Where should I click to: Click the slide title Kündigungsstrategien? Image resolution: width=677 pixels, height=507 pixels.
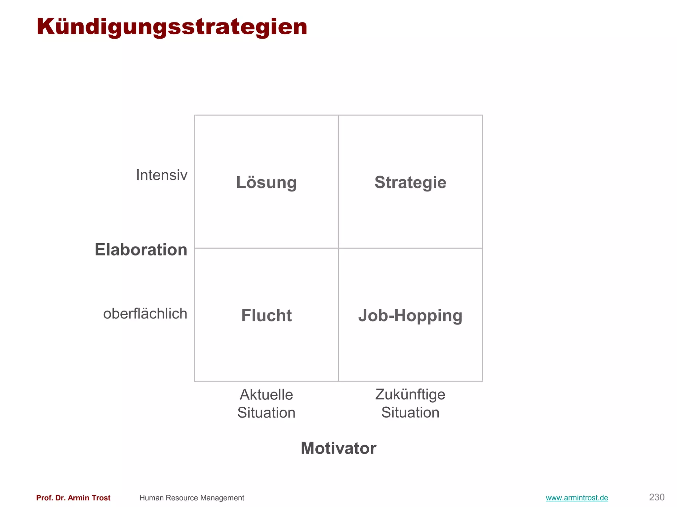172,27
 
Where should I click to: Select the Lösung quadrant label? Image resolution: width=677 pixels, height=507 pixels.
266,183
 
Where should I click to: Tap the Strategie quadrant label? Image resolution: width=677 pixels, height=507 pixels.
410,183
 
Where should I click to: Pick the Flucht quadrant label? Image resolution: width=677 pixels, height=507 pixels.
266,316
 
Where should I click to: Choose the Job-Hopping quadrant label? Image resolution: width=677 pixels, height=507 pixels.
410,316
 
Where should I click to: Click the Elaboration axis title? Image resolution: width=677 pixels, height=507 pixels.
141,250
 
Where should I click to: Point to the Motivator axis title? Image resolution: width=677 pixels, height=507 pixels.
338,448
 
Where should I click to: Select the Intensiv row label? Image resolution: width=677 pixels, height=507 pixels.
162,175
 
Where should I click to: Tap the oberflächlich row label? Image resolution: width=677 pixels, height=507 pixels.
145,314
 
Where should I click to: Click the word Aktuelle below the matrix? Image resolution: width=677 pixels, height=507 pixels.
266,395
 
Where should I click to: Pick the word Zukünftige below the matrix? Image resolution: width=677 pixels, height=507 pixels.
410,395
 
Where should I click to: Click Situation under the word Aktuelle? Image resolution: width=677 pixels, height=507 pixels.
266,413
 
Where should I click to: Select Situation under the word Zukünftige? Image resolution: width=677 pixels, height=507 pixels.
410,413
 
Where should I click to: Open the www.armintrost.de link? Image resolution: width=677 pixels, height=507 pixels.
577,498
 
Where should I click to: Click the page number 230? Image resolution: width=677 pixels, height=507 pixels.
657,497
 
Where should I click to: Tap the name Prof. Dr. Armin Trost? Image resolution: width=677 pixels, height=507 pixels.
73,498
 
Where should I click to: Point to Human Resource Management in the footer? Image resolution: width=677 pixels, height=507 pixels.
192,498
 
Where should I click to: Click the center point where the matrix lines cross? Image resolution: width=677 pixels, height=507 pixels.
338,248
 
